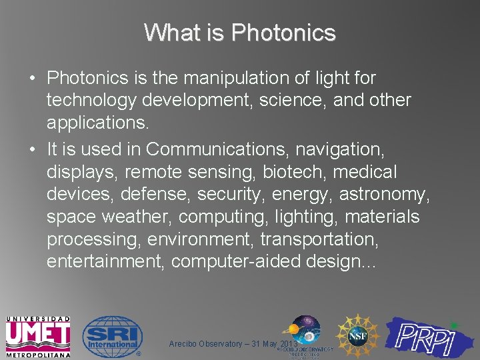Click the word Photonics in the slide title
[283, 32]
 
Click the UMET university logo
[38, 337]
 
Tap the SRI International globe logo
[111, 336]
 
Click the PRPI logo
[432, 337]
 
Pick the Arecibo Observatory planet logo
[303, 331]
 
